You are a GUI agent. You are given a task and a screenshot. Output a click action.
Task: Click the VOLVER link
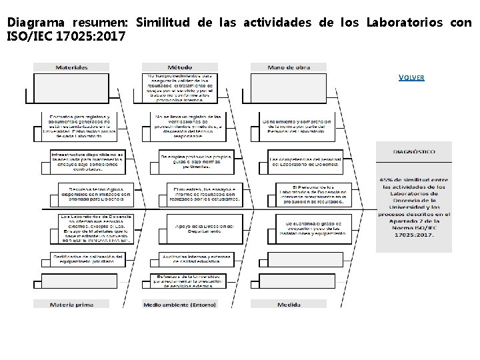(x=411, y=77)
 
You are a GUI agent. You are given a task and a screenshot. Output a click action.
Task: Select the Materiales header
(x=71, y=67)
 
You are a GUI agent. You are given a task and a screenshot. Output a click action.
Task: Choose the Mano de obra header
(x=289, y=67)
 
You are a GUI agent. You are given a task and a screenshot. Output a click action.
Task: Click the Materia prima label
(x=71, y=305)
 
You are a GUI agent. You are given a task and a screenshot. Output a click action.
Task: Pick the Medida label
(x=289, y=305)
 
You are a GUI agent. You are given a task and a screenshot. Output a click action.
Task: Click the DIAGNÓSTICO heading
(x=414, y=151)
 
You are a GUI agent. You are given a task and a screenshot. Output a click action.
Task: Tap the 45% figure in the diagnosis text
(x=387, y=179)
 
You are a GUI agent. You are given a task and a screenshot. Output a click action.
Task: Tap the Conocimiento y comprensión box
(x=297, y=125)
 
